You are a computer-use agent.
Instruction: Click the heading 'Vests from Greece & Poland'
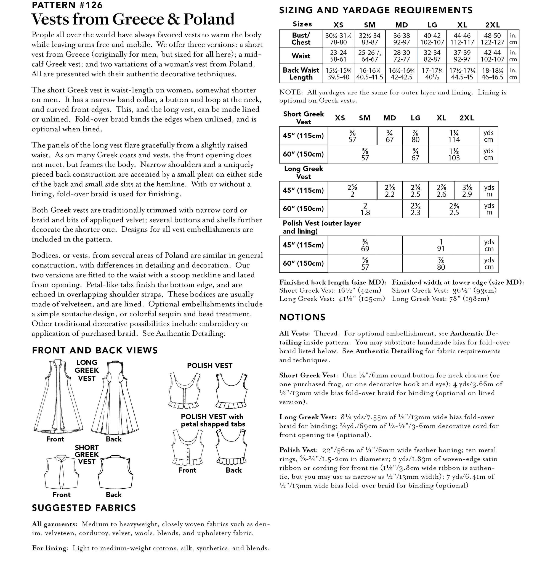[132, 19]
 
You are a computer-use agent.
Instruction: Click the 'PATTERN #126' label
[67, 5]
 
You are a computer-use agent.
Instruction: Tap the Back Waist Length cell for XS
[338, 73]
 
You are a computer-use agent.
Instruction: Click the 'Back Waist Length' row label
[301, 73]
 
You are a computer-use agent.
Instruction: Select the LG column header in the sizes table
[432, 25]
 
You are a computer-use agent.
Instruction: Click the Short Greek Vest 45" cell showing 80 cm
[415, 136]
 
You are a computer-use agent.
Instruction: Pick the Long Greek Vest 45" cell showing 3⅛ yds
[467, 190]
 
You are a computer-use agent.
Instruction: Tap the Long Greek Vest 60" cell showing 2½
[415, 209]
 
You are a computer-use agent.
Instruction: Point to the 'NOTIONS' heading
[302, 317]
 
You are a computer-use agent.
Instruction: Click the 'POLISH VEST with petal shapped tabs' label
[213, 420]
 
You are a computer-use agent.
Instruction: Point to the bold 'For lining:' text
[50, 548]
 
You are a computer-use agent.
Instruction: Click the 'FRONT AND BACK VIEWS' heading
[95, 350]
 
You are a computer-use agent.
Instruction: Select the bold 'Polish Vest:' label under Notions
[298, 450]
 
